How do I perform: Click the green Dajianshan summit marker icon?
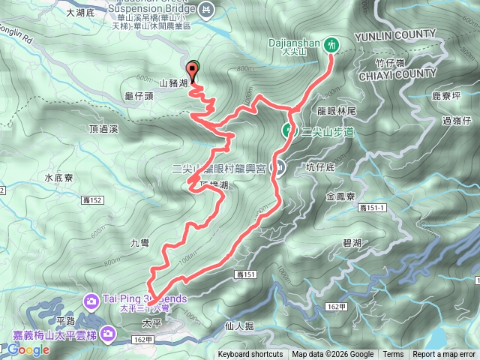click(x=331, y=45)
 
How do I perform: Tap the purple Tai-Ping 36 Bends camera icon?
click(x=91, y=300)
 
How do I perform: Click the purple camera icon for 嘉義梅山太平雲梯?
click(x=109, y=331)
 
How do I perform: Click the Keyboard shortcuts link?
click(x=250, y=355)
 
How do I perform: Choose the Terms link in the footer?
click(x=393, y=355)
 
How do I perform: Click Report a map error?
click(x=444, y=355)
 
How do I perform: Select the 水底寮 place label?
click(x=58, y=178)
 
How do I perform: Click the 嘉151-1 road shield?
click(x=372, y=207)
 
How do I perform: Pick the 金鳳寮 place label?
click(x=341, y=196)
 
